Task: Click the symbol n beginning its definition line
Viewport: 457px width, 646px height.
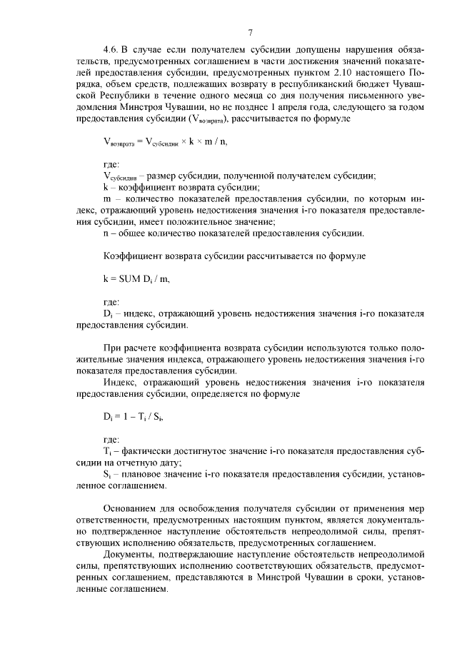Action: pos(106,233)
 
